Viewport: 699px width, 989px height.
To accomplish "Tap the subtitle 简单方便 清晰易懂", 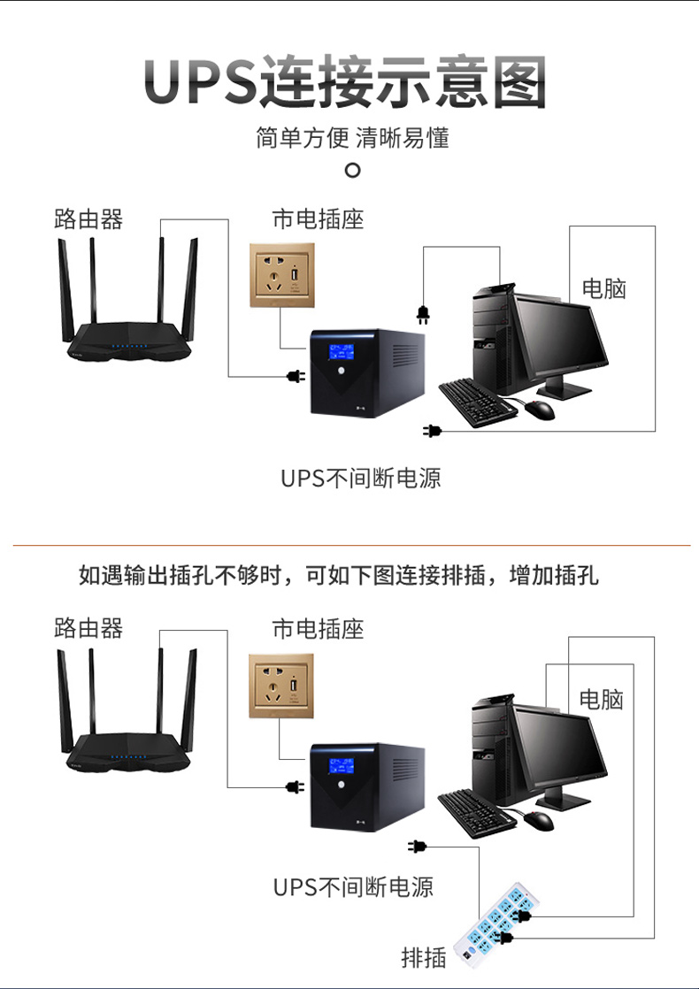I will coord(352,139).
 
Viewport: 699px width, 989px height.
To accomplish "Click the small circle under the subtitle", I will coord(352,170).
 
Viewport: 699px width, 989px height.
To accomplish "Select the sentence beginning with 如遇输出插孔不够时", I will coord(339,576).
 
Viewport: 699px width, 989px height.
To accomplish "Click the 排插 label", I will coord(424,957).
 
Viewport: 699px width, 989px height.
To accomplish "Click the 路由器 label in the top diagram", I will coord(88,218).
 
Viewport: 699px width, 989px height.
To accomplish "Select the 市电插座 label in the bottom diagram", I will coord(318,629).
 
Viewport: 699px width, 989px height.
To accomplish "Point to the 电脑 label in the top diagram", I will coord(603,287).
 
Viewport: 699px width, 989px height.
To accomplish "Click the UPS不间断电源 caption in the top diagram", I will coord(361,479).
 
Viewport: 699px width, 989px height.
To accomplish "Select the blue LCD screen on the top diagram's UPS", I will coord(341,351).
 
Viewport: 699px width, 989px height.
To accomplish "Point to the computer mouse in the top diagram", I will coord(539,410).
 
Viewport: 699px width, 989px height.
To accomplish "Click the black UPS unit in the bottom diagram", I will coord(365,786).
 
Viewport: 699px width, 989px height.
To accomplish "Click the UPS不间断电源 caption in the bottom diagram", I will coord(354,887).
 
